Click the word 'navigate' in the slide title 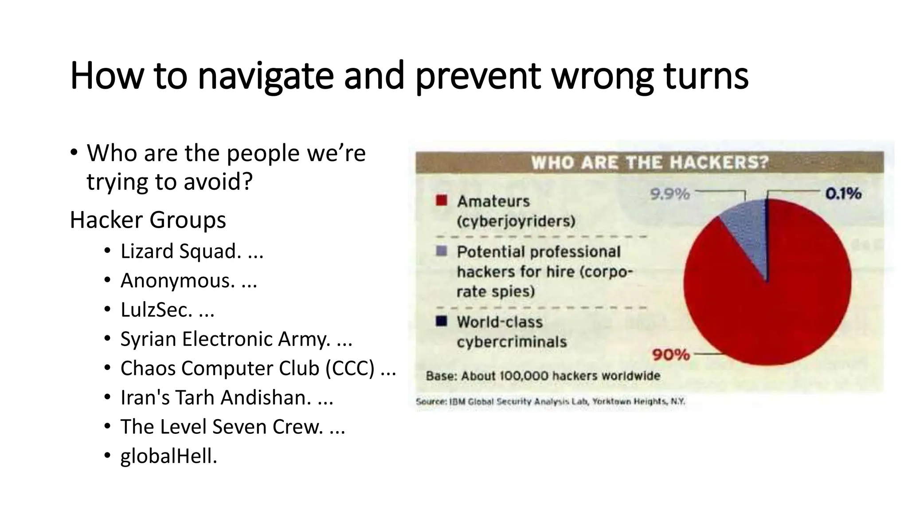click(265, 76)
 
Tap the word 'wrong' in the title click(603, 76)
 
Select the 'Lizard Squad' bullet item click(181, 252)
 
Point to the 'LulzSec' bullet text click(157, 310)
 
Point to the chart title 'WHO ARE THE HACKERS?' click(650, 162)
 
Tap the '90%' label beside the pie click(671, 355)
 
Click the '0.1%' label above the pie click(843, 193)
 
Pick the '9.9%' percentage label click(669, 194)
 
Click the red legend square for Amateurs click(441, 200)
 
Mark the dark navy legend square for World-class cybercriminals click(441, 321)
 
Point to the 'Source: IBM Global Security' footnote click(550, 402)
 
